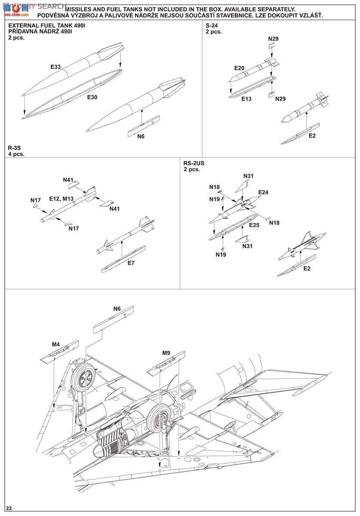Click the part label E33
click(x=55, y=67)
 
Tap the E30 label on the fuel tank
click(x=92, y=97)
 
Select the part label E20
click(x=239, y=68)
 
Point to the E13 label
click(x=246, y=99)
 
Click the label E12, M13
click(x=62, y=199)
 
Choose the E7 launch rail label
click(x=131, y=263)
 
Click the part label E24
click(x=263, y=192)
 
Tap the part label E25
click(x=254, y=225)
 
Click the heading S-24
click(x=212, y=25)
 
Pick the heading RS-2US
click(x=194, y=163)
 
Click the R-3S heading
click(x=14, y=147)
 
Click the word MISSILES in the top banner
click(x=78, y=9)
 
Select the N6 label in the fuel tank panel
click(x=141, y=136)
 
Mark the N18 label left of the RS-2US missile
click(x=214, y=187)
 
